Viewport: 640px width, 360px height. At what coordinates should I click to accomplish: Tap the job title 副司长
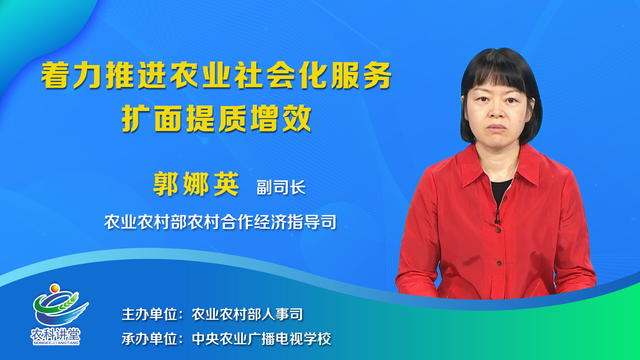coord(281,187)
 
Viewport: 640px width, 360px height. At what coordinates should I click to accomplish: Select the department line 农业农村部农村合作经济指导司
coord(220,222)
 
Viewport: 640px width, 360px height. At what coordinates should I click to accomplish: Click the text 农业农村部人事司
coord(247,314)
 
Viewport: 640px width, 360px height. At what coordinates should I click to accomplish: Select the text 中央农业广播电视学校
coord(262,339)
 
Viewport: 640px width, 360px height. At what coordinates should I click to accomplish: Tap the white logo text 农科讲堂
coord(56,334)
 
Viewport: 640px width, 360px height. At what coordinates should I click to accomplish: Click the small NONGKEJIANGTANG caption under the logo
coord(56,343)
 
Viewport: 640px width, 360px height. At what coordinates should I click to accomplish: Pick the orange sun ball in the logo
coord(55,288)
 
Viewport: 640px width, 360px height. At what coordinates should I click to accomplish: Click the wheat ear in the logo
coord(69,302)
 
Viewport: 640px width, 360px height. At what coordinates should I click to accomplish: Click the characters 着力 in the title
coord(71,76)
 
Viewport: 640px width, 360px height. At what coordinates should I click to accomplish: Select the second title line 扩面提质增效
coord(217,119)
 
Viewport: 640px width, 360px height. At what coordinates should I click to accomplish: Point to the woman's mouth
coord(497,128)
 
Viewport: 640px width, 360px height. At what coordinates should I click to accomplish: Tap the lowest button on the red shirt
coord(499,263)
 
